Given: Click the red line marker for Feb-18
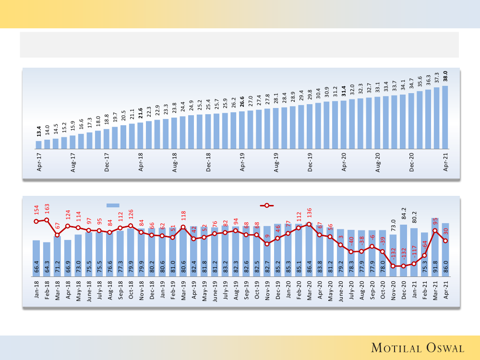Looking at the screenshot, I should point(47,220).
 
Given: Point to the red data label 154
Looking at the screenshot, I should point(36,210).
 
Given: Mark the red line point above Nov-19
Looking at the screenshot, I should point(267,244).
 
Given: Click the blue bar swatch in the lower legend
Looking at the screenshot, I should point(112,205).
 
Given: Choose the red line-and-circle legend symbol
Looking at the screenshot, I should point(267,205).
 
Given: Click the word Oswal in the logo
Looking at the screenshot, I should point(442,348).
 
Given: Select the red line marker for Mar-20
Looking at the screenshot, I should point(309,224).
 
